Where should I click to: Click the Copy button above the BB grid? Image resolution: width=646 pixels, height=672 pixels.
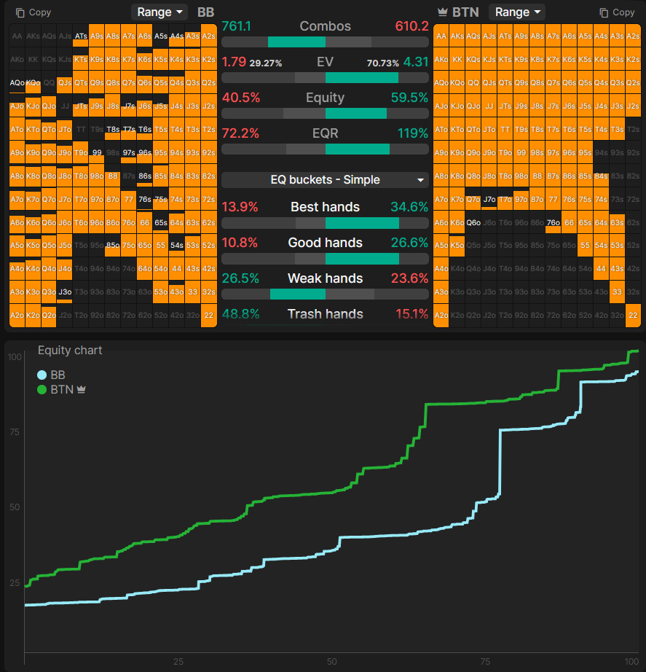34,12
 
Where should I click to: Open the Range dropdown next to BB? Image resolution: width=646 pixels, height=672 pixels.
159,12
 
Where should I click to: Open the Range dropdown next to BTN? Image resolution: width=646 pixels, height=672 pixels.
517,12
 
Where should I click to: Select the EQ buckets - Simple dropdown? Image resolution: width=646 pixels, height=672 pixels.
325,180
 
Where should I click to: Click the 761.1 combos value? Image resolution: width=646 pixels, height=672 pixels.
236,26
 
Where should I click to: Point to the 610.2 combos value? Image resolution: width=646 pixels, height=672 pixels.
412,26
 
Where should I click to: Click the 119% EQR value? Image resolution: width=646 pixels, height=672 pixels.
413,133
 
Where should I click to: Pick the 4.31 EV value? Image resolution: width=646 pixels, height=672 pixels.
416,62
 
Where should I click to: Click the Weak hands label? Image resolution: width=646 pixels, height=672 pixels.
325,278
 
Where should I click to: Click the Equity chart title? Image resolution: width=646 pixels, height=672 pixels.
70,351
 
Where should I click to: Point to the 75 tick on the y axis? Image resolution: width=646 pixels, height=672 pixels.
14,431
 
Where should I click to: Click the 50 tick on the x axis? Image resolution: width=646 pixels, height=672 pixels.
331,662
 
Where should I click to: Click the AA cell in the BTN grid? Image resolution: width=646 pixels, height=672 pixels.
441,36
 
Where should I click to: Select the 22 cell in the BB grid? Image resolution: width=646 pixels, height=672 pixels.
208,316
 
